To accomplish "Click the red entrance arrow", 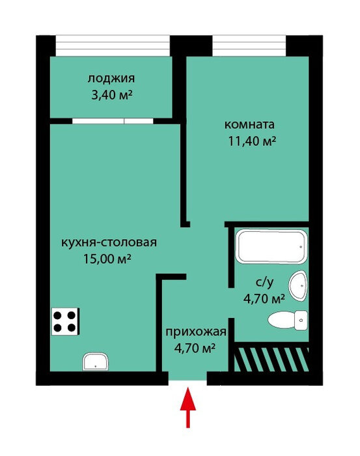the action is click(188, 407).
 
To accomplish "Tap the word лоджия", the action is click(111, 79).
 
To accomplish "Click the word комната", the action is click(249, 124).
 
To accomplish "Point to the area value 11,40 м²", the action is click(252, 141).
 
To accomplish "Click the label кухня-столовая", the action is click(109, 242).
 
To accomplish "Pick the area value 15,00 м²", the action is click(106, 259).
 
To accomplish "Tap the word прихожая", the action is click(196, 332).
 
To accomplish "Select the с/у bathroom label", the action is click(264, 282).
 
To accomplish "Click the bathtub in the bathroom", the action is click(271, 247).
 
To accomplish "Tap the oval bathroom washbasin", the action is click(298, 286).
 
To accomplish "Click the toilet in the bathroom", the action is click(287, 321).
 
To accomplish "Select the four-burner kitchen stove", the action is click(65, 321).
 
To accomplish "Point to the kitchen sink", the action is click(95, 362).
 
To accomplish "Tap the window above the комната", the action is click(249, 46).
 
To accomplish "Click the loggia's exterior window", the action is click(113, 46).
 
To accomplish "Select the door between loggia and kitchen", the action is click(113, 121).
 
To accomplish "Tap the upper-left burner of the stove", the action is click(57, 315).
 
